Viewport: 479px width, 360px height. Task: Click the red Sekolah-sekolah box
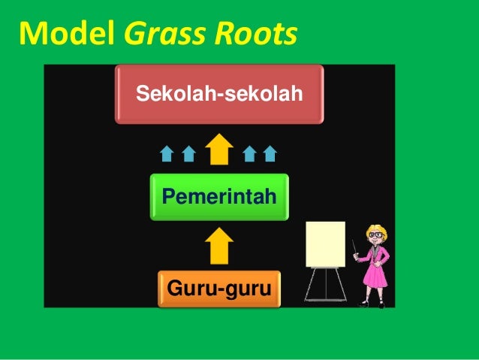click(x=218, y=95)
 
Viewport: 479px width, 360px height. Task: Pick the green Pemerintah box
click(x=219, y=197)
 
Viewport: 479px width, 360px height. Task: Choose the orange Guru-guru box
click(x=218, y=289)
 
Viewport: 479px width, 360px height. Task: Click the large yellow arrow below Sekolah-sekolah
click(x=219, y=149)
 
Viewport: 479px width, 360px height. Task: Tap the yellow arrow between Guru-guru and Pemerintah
click(x=219, y=245)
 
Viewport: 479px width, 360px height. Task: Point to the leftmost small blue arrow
click(x=167, y=154)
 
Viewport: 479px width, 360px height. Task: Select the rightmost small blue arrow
click(x=270, y=154)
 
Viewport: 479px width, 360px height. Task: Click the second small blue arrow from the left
click(x=188, y=154)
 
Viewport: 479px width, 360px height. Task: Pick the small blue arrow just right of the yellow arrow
click(x=250, y=154)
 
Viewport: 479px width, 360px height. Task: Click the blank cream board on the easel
click(x=325, y=244)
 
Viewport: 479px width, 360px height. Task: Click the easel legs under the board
click(x=325, y=286)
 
